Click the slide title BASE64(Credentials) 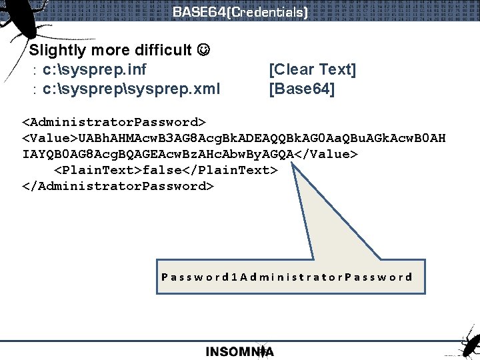[x=240, y=12]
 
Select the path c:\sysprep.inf [x=94, y=69]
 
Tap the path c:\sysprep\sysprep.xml [x=131, y=89]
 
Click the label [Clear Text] [x=312, y=69]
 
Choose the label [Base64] [x=301, y=89]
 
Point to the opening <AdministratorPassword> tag [x=114, y=123]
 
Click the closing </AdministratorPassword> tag [x=118, y=186]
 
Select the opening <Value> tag [x=50, y=139]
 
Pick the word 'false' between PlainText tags [x=162, y=171]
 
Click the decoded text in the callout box [x=287, y=277]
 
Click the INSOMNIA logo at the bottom [x=240, y=351]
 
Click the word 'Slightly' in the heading [x=58, y=50]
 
